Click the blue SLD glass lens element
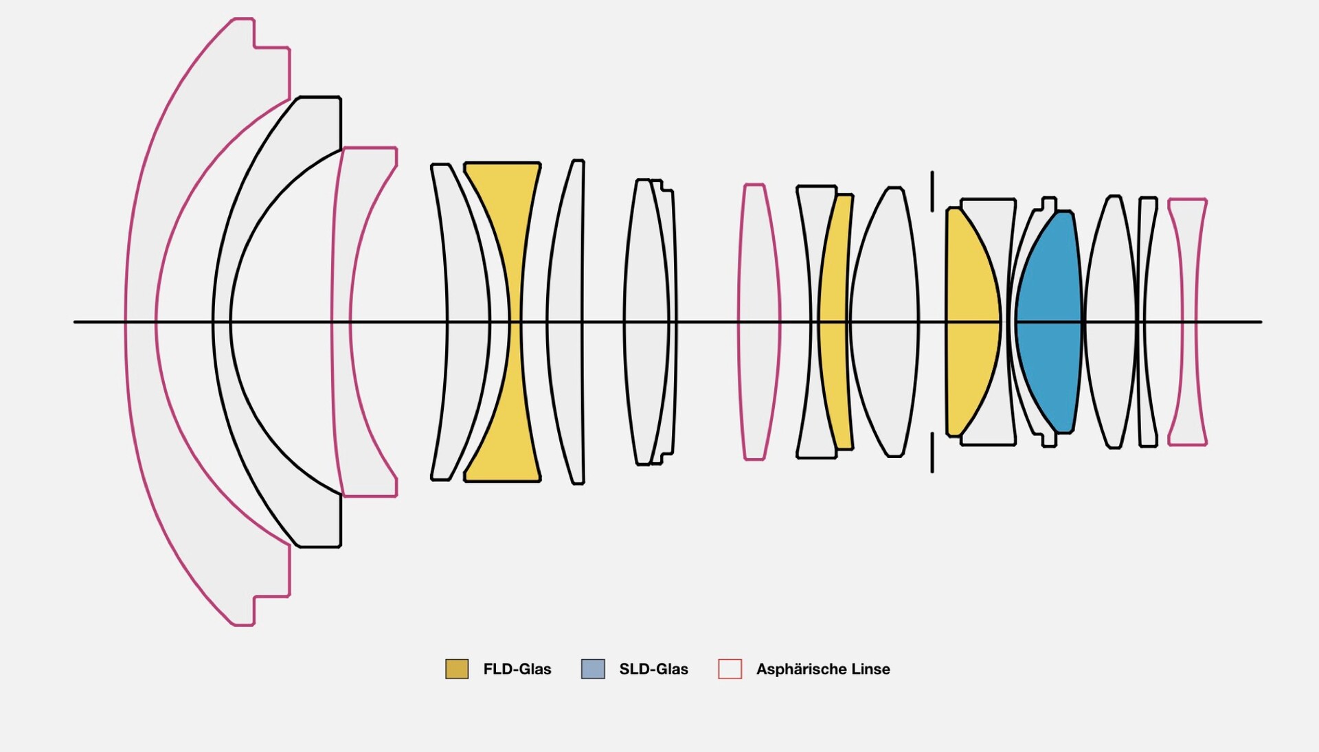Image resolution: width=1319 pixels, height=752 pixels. tap(1049, 321)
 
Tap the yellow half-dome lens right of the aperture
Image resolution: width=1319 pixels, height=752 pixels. tap(970, 321)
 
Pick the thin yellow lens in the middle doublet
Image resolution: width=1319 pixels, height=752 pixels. tap(835, 321)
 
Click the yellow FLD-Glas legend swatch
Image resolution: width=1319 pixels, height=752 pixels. tap(457, 669)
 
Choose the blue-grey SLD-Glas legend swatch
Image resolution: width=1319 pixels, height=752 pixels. tap(593, 669)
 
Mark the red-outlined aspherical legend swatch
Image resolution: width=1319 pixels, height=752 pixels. tap(730, 669)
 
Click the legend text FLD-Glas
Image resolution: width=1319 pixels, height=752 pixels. tap(517, 669)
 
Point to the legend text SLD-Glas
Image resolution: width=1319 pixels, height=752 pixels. tap(653, 669)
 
